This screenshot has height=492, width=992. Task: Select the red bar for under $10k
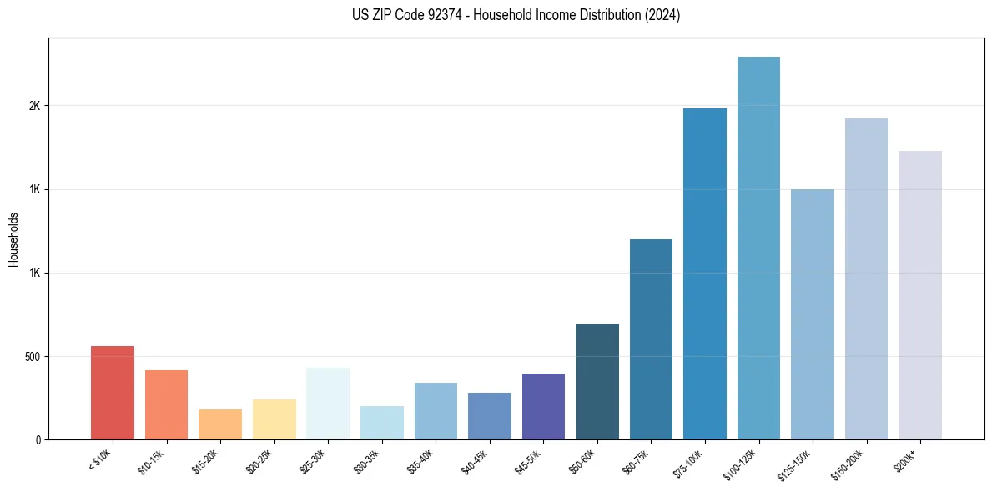pyautogui.click(x=113, y=393)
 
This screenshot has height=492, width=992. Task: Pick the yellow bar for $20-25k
pyautogui.click(x=274, y=419)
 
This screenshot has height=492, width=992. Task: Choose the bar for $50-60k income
pyautogui.click(x=597, y=381)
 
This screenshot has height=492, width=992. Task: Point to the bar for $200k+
pyautogui.click(x=920, y=295)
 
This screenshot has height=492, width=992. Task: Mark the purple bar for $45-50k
pyautogui.click(x=543, y=406)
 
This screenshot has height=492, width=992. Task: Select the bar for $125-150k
pyautogui.click(x=813, y=314)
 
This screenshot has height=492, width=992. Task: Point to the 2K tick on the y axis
pyautogui.click(x=34, y=106)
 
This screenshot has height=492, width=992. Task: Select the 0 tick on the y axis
pyautogui.click(x=38, y=439)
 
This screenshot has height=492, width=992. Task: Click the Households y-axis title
pyautogui.click(x=14, y=239)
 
